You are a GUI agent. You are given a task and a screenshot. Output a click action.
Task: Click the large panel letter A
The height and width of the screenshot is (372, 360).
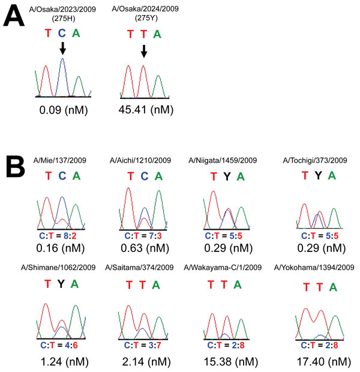pos(14,16)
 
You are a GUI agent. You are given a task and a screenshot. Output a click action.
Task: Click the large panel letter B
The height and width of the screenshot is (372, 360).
pos(16,166)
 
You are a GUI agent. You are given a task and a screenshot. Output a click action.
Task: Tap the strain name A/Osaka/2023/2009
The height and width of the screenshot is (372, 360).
pos(62,10)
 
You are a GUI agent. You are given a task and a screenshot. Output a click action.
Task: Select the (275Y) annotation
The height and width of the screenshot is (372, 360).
pos(146,18)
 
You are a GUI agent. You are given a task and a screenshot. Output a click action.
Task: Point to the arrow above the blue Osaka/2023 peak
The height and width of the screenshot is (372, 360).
pos(62,49)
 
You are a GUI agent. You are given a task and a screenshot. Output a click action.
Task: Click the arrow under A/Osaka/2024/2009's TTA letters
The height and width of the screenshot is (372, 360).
pos(144,51)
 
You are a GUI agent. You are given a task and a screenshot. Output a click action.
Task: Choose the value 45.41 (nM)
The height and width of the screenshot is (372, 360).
pos(146,110)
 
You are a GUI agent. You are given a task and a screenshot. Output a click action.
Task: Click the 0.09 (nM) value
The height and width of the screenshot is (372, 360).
pos(64,110)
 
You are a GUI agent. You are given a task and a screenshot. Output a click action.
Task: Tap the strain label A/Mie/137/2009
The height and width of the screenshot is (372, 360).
pos(60,160)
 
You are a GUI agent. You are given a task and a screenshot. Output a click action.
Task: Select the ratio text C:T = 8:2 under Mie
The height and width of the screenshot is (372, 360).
pos(58,236)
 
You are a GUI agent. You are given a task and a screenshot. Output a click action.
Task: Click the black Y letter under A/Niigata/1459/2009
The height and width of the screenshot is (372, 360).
pos(227,176)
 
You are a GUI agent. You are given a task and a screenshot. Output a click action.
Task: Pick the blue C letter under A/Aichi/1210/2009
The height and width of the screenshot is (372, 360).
pos(145,176)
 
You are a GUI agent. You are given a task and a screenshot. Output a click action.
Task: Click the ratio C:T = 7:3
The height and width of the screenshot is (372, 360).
pos(143,236)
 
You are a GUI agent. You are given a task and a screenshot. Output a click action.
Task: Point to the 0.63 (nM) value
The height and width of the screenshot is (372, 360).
pos(145,248)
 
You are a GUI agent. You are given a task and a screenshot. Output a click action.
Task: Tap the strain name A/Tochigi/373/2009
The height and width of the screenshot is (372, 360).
pos(315,161)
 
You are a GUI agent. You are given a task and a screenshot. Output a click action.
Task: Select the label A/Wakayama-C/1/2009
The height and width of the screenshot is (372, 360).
pos(223,268)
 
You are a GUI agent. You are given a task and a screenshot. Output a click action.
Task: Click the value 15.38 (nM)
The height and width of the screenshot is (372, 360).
pos(230,362)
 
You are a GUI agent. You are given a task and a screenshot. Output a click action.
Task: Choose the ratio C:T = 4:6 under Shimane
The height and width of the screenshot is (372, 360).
pos(59,346)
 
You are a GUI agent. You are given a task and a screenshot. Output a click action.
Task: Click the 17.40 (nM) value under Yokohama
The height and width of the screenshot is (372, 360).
pos(324,362)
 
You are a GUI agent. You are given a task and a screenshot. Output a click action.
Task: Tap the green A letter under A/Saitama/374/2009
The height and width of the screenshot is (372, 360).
pos(156,285)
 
